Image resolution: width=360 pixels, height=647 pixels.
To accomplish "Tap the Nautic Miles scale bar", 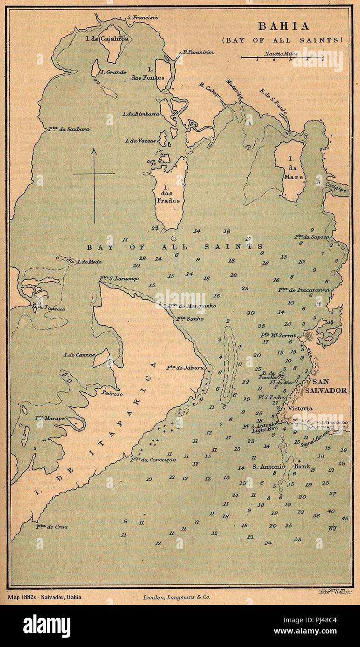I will (x=282, y=58).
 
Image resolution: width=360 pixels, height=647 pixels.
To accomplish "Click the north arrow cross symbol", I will (x=94, y=174).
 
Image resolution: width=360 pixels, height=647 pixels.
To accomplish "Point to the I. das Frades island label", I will (x=168, y=195).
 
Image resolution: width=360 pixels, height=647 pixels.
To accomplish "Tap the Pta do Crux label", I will (x=52, y=527).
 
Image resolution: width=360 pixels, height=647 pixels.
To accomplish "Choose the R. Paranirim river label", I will (x=198, y=52).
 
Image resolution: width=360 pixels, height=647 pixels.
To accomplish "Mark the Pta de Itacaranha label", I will (x=304, y=290).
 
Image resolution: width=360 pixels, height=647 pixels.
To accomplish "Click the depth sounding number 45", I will (x=345, y=518).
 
